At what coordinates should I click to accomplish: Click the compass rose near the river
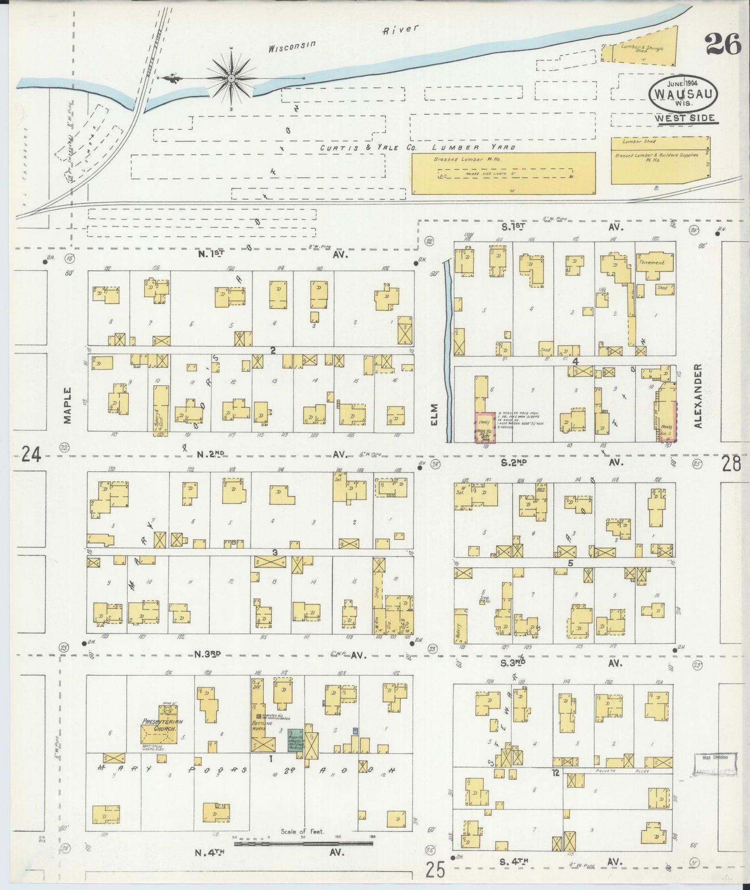pos(231,78)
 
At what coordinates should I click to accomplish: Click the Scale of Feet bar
pos(303,844)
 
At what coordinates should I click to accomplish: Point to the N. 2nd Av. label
pos(270,454)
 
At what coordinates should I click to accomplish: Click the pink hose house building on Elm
pos(485,428)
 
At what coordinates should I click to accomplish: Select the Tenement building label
pos(653,263)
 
